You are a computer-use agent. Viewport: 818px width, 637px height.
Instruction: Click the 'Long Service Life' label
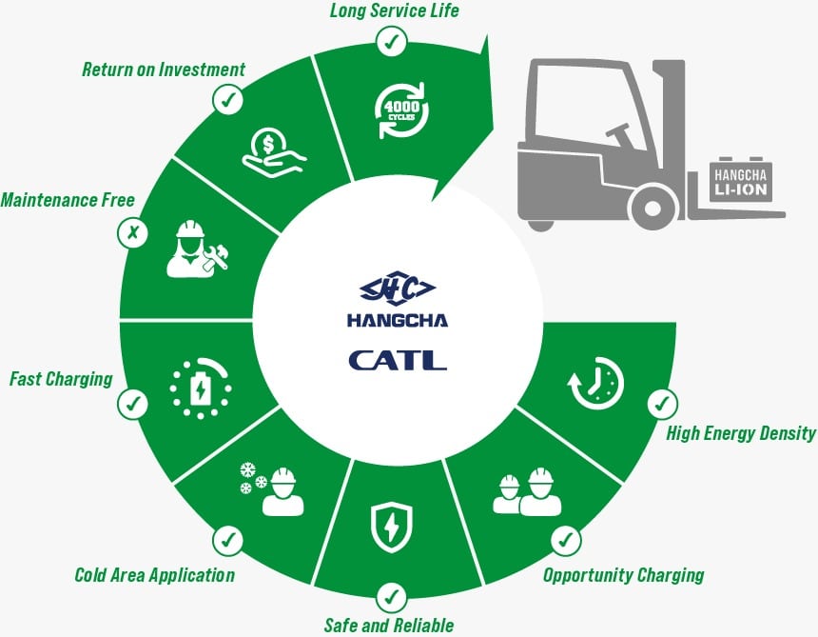[x=393, y=11]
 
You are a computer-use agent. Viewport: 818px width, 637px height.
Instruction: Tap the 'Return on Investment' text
[x=164, y=70]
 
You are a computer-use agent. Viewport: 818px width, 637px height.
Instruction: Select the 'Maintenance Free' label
[x=68, y=200]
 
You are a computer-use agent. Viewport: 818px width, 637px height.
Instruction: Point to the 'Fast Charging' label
[x=61, y=378]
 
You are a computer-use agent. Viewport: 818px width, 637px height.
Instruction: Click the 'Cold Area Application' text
[x=154, y=574]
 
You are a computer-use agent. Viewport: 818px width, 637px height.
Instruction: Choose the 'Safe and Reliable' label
[x=390, y=626]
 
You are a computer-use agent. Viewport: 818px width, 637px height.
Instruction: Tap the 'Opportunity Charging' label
[x=623, y=574]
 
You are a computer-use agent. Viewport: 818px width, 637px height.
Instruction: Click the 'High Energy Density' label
[x=741, y=433]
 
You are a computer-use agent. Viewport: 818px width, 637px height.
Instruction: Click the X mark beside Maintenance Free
[x=132, y=233]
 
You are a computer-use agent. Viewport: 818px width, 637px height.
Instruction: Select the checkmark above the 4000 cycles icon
[x=391, y=41]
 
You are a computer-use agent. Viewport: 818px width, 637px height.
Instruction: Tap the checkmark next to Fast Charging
[x=131, y=405]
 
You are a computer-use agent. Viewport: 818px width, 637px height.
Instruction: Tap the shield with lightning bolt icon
[x=390, y=527]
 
